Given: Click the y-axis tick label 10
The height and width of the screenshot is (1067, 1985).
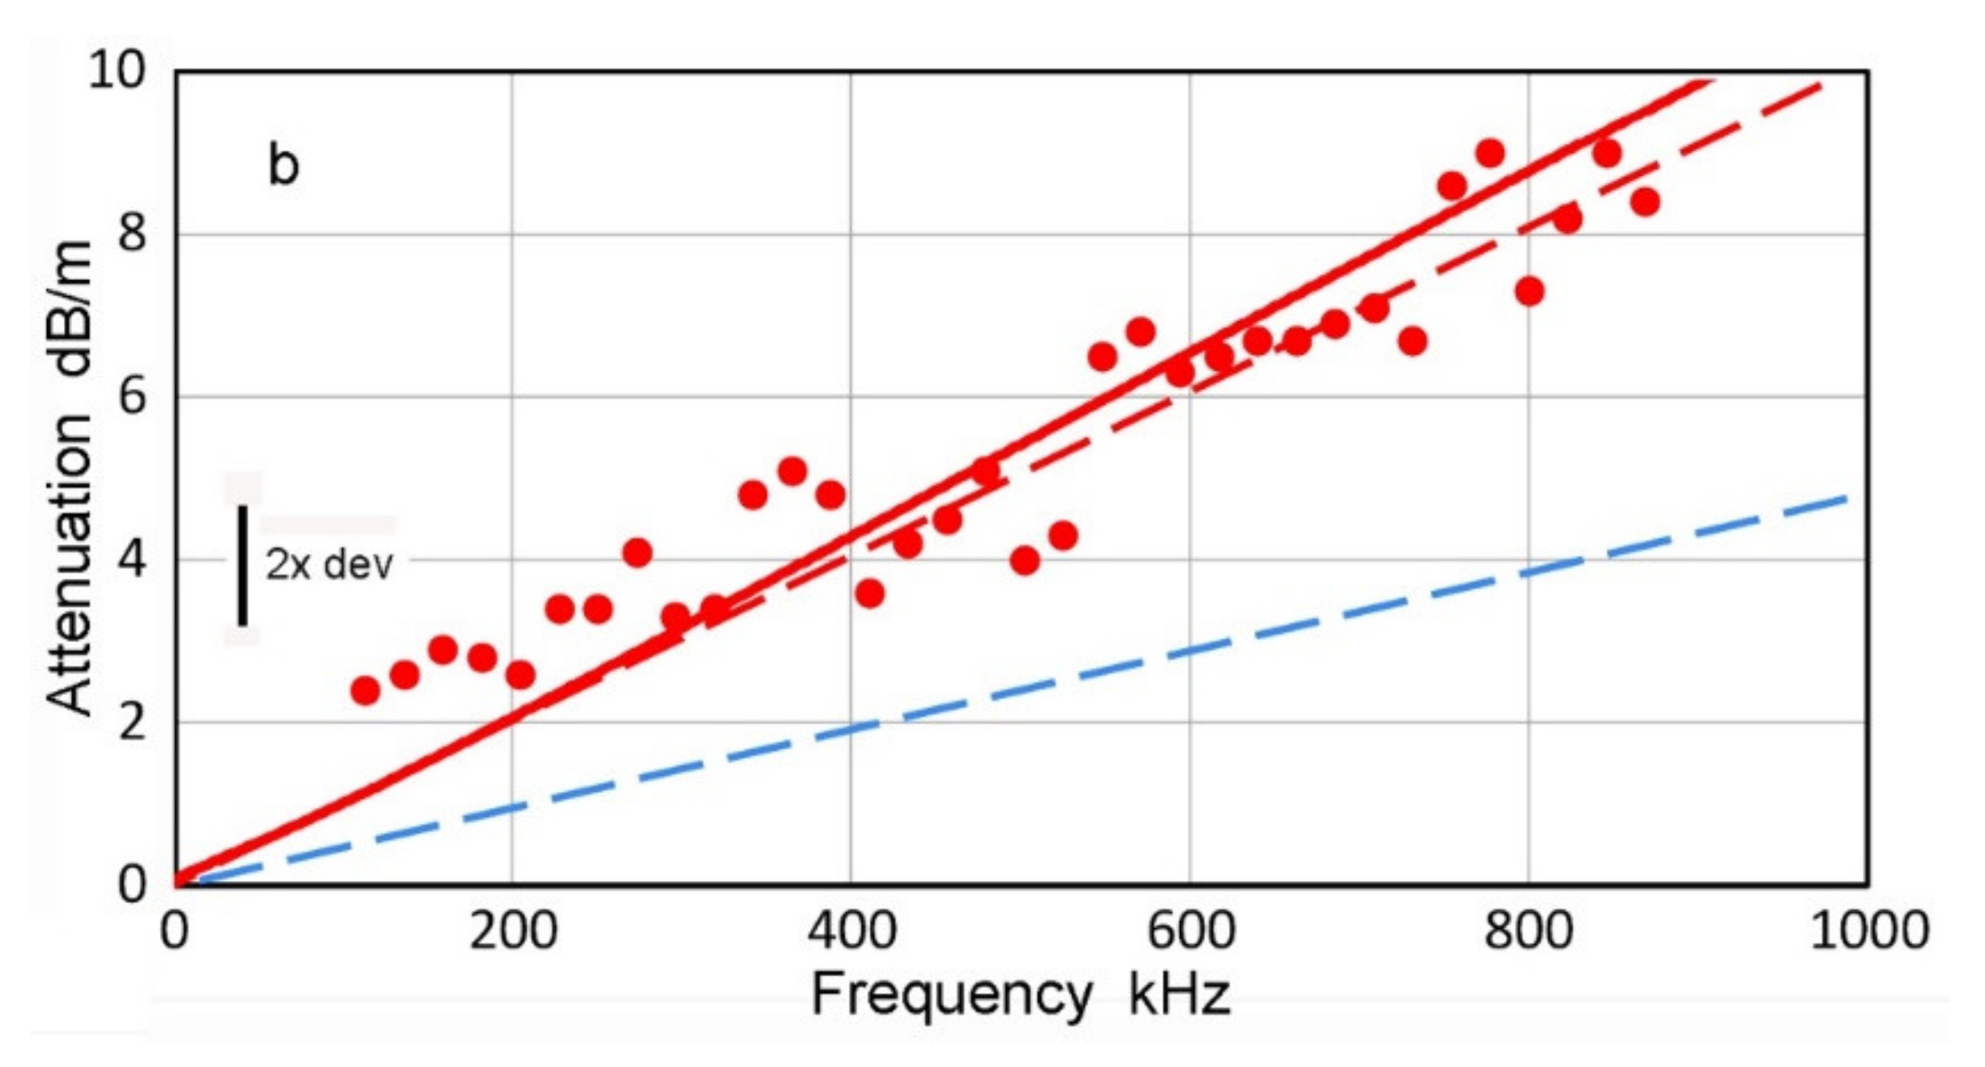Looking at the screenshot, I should click(118, 71).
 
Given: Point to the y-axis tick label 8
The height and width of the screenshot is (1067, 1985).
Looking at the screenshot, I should click(133, 233).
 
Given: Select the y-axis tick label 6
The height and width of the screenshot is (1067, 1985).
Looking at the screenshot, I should click(133, 395).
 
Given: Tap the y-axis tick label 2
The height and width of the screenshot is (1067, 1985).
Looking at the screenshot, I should click(133, 721).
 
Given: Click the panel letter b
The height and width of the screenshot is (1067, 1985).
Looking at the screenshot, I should click(283, 165).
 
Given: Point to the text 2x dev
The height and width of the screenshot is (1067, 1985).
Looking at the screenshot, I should click(329, 565).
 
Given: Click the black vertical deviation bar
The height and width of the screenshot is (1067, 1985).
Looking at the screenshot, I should click(242, 565).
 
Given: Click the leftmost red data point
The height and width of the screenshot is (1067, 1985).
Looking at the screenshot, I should click(364, 691).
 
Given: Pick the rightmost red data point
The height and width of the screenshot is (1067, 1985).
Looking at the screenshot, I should click(1645, 202).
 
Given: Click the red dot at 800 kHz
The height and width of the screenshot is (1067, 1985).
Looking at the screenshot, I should click(1529, 291).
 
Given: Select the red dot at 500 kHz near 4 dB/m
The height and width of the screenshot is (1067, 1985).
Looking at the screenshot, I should click(1024, 560).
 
